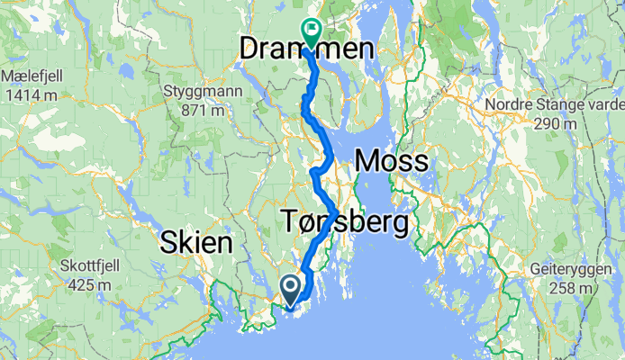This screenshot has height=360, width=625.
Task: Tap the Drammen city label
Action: tap(305, 51)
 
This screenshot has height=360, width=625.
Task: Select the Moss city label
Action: tap(393, 162)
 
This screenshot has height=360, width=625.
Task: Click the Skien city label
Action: tap(196, 241)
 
